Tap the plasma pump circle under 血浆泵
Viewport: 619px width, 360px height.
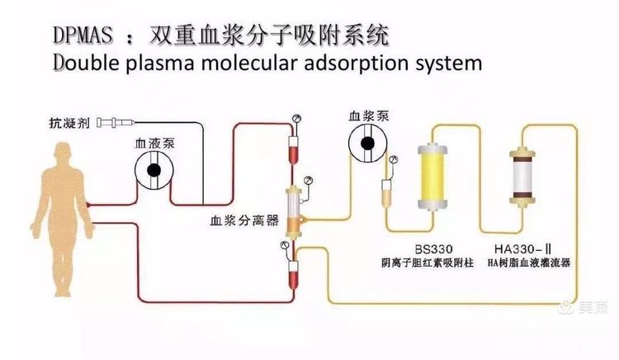[367, 144]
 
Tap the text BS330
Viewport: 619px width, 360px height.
[433, 249]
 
